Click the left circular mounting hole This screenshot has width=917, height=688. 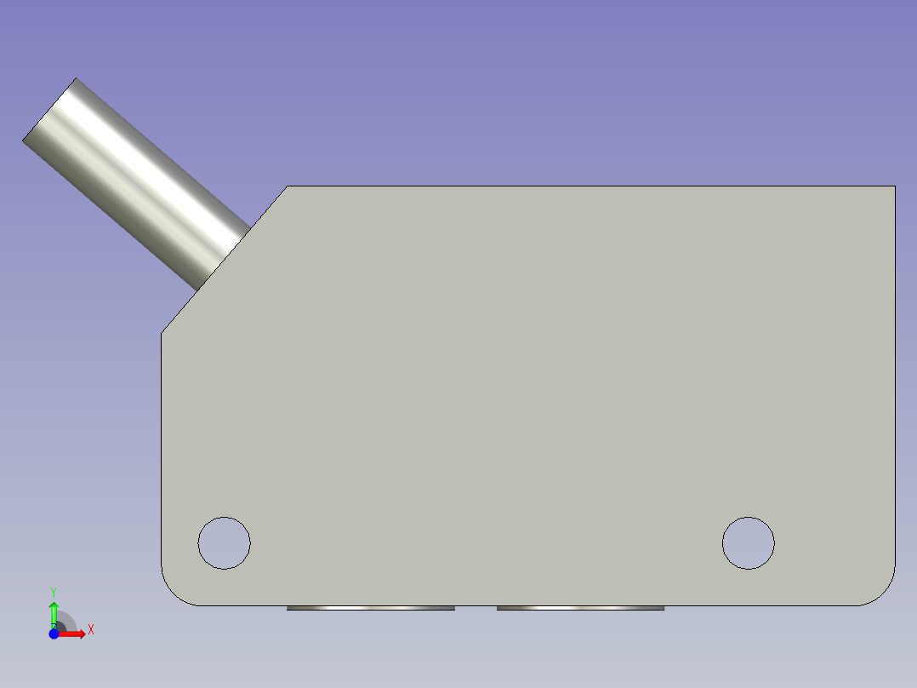(x=224, y=542)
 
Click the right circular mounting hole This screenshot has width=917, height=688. (x=748, y=542)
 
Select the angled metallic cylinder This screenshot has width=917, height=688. (x=136, y=182)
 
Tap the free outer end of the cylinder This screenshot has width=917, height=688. (x=49, y=110)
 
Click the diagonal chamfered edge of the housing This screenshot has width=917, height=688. (x=225, y=259)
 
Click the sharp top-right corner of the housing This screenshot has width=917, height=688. (x=894, y=186)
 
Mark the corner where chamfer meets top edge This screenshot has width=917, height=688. (x=288, y=186)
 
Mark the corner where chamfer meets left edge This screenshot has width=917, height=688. (x=162, y=332)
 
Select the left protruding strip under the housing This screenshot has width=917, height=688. (x=370, y=608)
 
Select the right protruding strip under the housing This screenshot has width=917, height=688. (x=580, y=608)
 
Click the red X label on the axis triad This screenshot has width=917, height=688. (x=90, y=630)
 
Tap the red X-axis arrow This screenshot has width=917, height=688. (x=75, y=634)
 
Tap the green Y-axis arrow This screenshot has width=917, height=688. (x=54, y=611)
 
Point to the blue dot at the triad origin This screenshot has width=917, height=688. (x=54, y=634)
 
